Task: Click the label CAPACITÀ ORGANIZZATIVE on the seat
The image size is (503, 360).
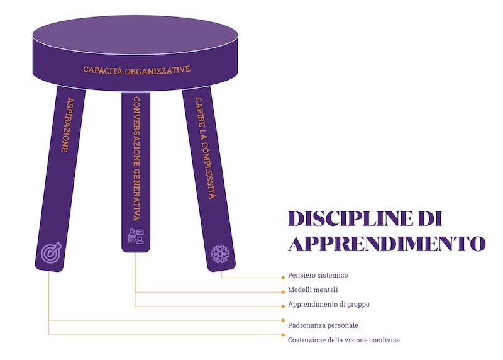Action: [x=136, y=70]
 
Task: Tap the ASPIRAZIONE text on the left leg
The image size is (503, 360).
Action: [x=68, y=125]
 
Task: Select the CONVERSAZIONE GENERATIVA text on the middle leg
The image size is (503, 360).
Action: [x=136, y=159]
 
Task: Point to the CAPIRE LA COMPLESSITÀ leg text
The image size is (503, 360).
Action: [x=206, y=148]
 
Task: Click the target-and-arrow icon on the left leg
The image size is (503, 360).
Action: [x=51, y=252]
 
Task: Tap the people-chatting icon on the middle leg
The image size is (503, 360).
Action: [x=136, y=237]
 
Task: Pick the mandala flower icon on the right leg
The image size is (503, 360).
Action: [x=220, y=254]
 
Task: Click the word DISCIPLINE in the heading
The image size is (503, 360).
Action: [x=350, y=218]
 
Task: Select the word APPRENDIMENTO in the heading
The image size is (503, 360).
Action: [x=387, y=244]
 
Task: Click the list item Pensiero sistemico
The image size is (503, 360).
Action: [x=318, y=275]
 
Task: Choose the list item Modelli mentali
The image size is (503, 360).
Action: [x=312, y=290]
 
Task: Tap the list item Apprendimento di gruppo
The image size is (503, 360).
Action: [x=328, y=304]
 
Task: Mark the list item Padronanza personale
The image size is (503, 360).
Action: [x=323, y=325]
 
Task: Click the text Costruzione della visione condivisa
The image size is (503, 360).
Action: [x=343, y=340]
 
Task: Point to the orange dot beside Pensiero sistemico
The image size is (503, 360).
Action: [x=283, y=278]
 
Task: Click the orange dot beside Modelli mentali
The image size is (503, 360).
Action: [x=283, y=292]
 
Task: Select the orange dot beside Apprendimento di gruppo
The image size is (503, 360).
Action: [x=283, y=307]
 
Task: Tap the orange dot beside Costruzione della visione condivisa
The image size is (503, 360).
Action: [x=283, y=335]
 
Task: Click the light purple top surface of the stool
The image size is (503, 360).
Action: [x=135, y=35]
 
